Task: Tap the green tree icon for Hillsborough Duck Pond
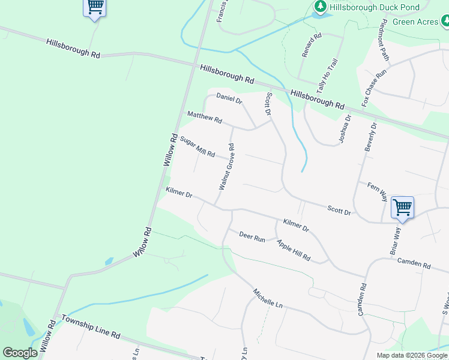click(x=321, y=7)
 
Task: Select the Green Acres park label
click(x=415, y=22)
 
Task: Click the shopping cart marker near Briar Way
click(x=402, y=208)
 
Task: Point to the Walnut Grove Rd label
click(x=226, y=166)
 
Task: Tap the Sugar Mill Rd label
click(x=197, y=147)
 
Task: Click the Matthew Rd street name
click(x=205, y=117)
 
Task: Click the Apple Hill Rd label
click(x=294, y=250)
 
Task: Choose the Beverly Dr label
click(x=370, y=137)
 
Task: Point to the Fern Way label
click(x=378, y=190)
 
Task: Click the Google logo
click(x=20, y=353)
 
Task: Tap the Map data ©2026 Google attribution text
click(x=411, y=355)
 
